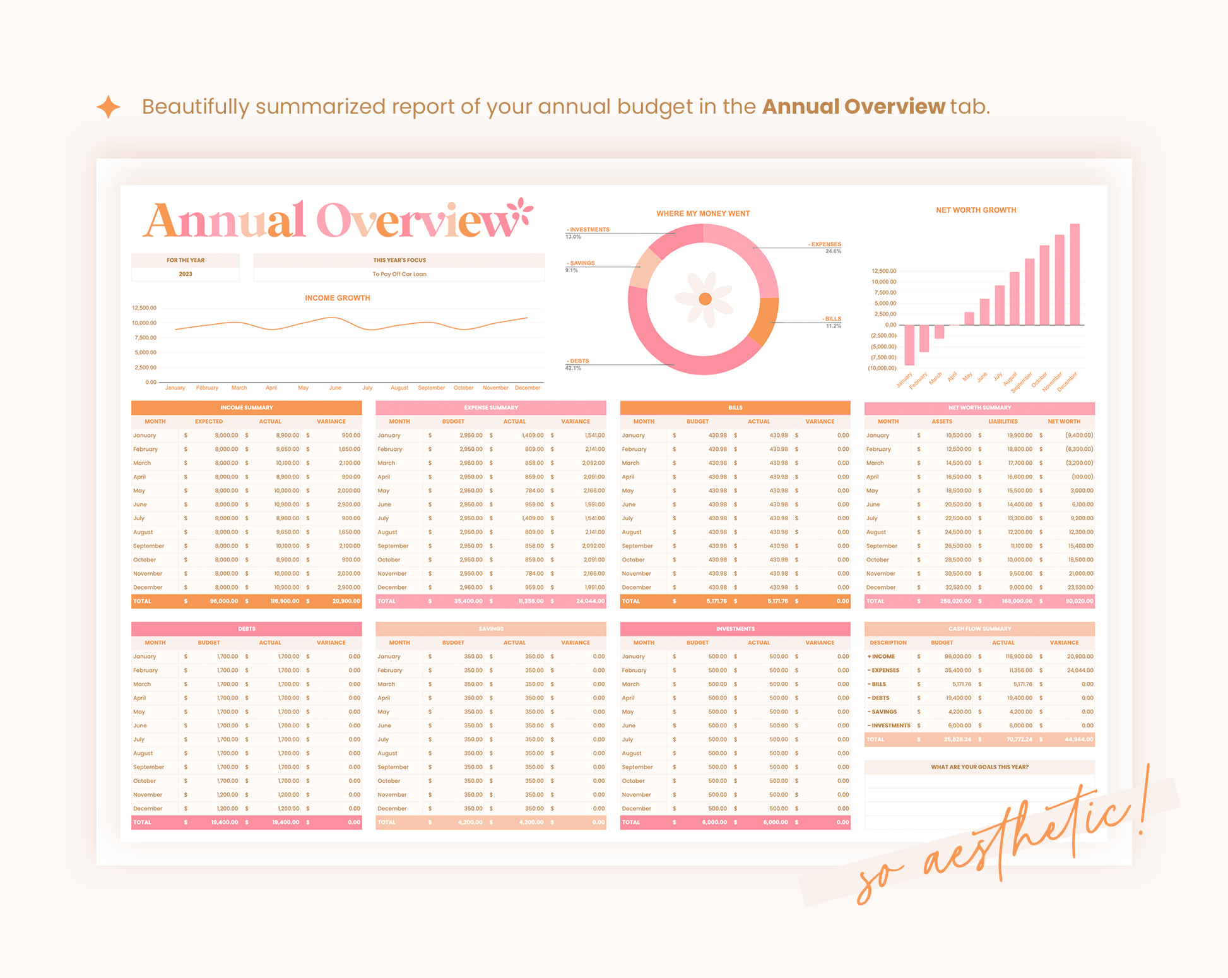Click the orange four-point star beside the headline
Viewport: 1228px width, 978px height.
click(x=109, y=107)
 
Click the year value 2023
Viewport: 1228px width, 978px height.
click(x=185, y=274)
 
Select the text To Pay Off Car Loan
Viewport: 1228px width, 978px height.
click(x=399, y=274)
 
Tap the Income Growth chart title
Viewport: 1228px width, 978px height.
click(x=337, y=298)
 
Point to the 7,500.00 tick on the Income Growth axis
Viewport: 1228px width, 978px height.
click(x=145, y=338)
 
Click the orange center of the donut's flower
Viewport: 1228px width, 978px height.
click(x=705, y=299)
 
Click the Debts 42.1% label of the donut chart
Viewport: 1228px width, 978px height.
click(x=577, y=364)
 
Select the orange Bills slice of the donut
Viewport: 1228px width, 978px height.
click(x=765, y=320)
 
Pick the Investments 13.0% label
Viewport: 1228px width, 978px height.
click(x=587, y=232)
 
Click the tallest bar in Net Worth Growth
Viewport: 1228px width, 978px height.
click(x=1075, y=274)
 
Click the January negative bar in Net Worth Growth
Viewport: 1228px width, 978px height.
click(x=909, y=345)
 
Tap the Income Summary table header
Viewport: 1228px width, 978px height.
click(x=246, y=408)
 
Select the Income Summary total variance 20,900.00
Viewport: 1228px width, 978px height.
click(x=346, y=601)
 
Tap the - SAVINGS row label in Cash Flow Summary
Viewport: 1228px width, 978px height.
click(x=883, y=712)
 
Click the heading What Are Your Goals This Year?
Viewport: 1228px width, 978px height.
click(x=979, y=767)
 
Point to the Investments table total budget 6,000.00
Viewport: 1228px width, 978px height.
click(x=714, y=823)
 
